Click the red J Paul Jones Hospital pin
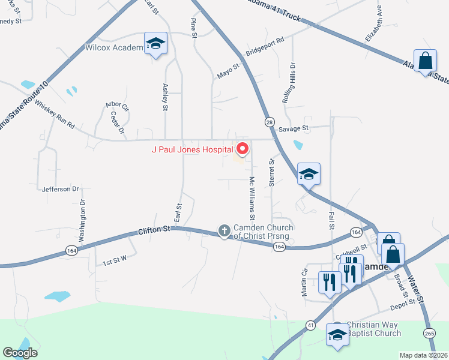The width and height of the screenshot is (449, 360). tap(243, 148)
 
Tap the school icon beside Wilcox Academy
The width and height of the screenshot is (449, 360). tap(155, 44)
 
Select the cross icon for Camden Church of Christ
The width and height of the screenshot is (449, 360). tap(224, 230)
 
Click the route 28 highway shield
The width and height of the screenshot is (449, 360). tap(269, 122)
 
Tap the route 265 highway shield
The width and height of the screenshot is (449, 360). tap(429, 333)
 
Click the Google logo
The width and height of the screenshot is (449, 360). tap(20, 353)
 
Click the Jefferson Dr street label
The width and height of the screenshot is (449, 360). tap(61, 189)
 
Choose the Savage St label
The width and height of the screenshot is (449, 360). tap(293, 128)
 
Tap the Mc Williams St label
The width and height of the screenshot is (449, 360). tap(253, 197)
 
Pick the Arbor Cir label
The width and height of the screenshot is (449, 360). tap(117, 106)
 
